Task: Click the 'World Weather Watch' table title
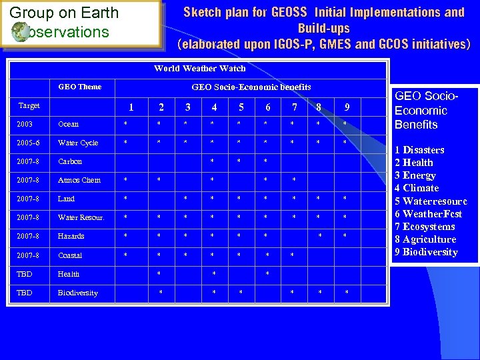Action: point(199,68)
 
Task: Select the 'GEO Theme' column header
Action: point(80,87)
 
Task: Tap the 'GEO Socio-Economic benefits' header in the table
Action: point(251,87)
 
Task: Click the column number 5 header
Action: point(241,107)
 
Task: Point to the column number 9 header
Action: point(347,107)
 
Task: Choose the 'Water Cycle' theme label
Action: point(78,143)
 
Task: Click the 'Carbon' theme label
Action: point(70,161)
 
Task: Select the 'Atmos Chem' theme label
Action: point(79,180)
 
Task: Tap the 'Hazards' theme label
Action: point(71,236)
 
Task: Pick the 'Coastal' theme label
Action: point(70,255)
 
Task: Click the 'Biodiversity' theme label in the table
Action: point(78,293)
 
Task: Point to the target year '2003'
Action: point(25,124)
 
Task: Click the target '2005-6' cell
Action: point(28,143)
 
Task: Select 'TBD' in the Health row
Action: point(25,274)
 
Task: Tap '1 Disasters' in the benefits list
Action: point(419,150)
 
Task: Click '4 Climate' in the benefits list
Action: point(416,188)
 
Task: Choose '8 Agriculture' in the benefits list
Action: point(425,239)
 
